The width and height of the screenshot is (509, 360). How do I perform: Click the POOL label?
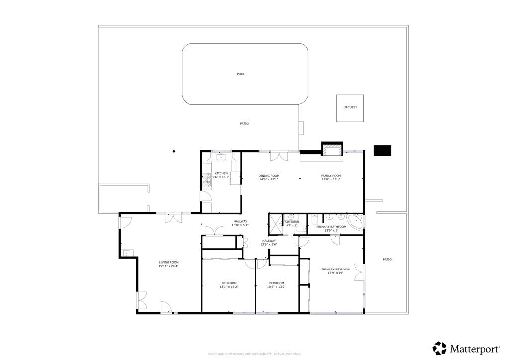[x=241, y=74]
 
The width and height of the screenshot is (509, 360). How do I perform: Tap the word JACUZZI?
[x=350, y=108]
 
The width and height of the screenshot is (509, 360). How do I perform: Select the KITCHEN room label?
[x=221, y=173]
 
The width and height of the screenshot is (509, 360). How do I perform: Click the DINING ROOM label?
[x=269, y=176]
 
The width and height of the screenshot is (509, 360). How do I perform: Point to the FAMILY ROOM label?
[x=331, y=176]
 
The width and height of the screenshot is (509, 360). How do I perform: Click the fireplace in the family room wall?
[x=332, y=149]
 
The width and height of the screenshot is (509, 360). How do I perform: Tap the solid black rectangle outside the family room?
[x=382, y=150]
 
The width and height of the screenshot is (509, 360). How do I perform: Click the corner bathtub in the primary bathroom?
[x=355, y=222]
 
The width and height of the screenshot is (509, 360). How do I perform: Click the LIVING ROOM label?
[x=169, y=262]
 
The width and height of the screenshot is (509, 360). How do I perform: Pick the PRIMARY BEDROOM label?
[x=339, y=270]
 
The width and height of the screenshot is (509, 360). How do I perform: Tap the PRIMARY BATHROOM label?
[x=331, y=227]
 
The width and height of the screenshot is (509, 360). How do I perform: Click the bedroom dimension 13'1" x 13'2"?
[x=229, y=287]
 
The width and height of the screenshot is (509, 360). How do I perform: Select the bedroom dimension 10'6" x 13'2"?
[x=276, y=287]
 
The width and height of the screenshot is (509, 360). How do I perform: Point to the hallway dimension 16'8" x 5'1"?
[x=240, y=225]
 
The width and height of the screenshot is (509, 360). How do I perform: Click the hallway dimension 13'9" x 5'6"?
[x=269, y=244]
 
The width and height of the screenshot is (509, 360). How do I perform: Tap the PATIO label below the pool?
[x=244, y=124]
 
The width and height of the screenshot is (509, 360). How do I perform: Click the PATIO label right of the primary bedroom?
[x=387, y=259]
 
